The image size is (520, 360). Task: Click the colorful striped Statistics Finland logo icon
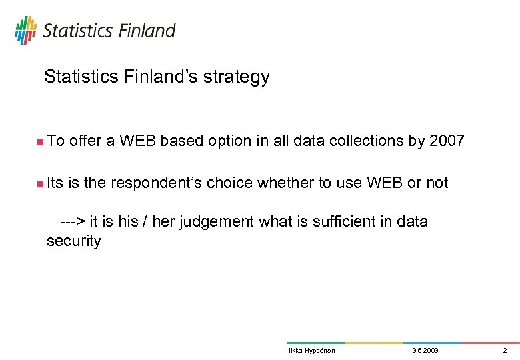[x=25, y=30]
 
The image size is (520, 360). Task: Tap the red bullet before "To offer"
[x=40, y=141]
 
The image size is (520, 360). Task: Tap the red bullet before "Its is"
[x=40, y=183]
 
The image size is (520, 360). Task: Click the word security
[x=73, y=241]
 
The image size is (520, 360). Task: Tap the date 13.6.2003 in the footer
[x=423, y=351]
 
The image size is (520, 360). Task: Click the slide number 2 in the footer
[x=505, y=351]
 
